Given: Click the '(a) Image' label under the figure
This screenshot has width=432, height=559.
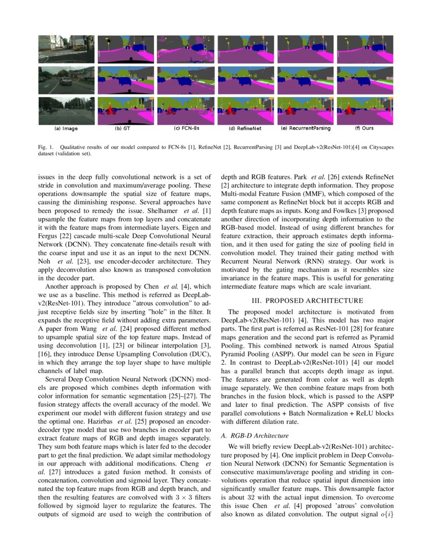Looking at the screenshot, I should (x=66, y=129).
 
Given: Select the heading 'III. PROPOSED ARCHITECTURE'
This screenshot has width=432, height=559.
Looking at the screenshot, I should (x=307, y=300).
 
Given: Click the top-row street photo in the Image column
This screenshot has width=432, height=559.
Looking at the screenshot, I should (x=66, y=48).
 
